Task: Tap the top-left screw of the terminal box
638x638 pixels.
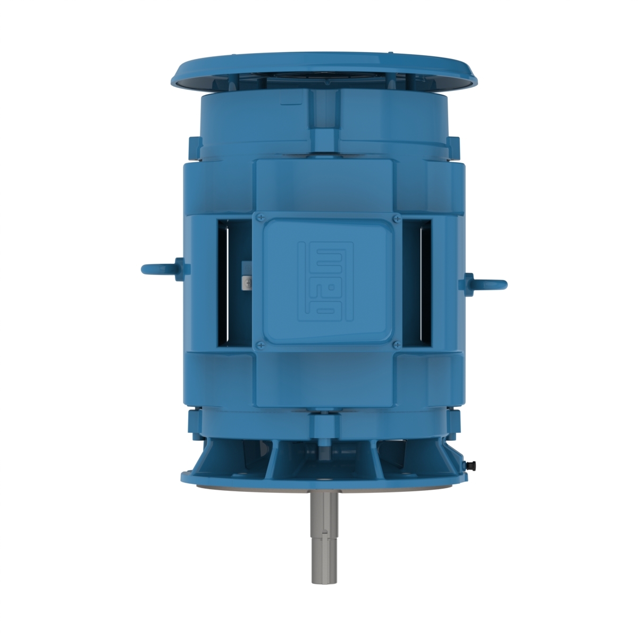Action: pos(261,218)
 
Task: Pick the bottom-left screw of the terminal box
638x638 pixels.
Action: pos(260,345)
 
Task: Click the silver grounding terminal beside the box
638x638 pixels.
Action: pos(247,282)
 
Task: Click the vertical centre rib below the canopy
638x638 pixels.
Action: pos(325,114)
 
